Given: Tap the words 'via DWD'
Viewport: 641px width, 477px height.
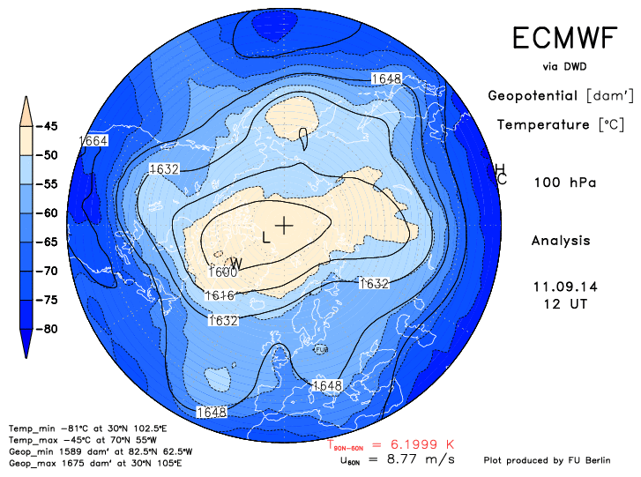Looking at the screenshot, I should pyautogui.click(x=564, y=66).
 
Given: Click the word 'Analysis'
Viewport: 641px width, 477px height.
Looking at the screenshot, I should pyautogui.click(x=561, y=240).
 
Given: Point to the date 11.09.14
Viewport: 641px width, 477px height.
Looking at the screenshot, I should pyautogui.click(x=561, y=287).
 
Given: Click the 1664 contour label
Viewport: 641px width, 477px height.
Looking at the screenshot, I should pyautogui.click(x=93, y=141).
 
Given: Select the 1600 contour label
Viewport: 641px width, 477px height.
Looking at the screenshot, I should pyautogui.click(x=226, y=272).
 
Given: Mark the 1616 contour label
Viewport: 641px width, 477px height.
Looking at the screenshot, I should pyautogui.click(x=219, y=296).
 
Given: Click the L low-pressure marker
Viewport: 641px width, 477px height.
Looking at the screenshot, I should pyautogui.click(x=267, y=236).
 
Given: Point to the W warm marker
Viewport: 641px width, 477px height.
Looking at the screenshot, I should pyautogui.click(x=236, y=263).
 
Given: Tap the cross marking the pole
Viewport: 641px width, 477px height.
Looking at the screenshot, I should pyautogui.click(x=284, y=225).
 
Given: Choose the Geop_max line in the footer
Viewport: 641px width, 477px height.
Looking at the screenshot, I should pyautogui.click(x=71, y=463).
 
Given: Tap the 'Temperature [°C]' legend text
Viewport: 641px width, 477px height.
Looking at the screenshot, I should pyautogui.click(x=555, y=125).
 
